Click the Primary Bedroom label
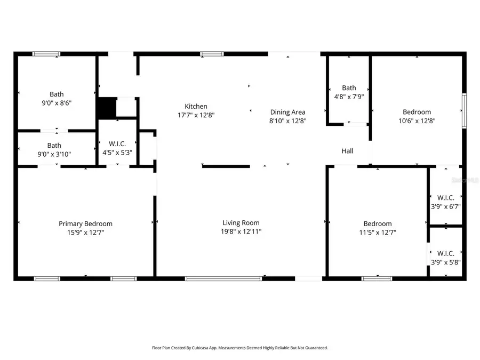(x=85, y=223)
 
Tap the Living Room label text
(x=241, y=222)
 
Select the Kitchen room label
(x=196, y=106)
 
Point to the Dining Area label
(x=287, y=112)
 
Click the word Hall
(x=347, y=151)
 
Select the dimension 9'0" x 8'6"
(x=57, y=103)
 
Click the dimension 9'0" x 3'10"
(x=54, y=154)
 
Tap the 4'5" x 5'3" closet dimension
(x=117, y=153)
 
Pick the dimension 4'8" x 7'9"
(x=349, y=97)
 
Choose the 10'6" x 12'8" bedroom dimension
(x=417, y=121)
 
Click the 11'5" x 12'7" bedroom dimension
(x=378, y=232)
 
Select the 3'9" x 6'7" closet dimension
(x=445, y=206)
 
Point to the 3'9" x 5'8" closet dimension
(x=445, y=262)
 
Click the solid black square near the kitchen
(x=106, y=108)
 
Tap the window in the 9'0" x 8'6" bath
(x=46, y=54)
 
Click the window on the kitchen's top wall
(x=212, y=54)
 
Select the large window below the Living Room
(x=223, y=278)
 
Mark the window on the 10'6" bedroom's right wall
(x=464, y=111)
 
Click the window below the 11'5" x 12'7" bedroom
(x=377, y=278)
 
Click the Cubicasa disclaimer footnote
(x=240, y=348)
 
